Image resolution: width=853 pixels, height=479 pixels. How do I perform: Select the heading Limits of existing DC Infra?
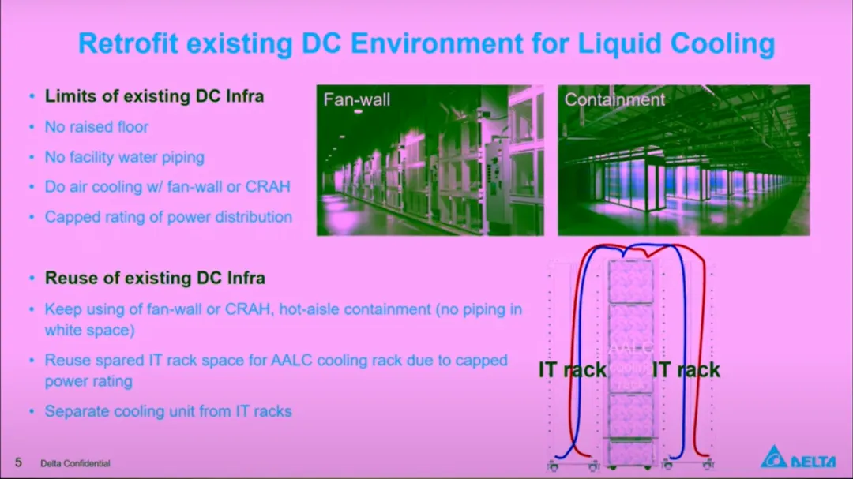point(154,96)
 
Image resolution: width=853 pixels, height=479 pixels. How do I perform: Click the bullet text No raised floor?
point(96,127)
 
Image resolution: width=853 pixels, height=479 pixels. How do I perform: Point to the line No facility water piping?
point(124,157)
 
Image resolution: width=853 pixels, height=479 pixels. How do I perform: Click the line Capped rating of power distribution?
point(168,217)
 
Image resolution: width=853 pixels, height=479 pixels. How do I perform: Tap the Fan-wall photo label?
point(357,100)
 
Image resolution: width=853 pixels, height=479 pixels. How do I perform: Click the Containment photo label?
point(614,99)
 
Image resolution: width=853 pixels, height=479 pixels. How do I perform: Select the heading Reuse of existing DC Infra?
point(155,278)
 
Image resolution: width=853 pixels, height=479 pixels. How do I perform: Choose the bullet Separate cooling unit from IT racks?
point(168,411)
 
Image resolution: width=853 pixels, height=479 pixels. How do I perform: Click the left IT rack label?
point(572,369)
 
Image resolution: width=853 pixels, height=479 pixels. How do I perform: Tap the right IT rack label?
point(686,369)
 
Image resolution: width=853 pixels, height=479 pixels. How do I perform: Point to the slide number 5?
point(18,462)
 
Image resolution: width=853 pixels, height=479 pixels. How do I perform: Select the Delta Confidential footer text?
point(75,463)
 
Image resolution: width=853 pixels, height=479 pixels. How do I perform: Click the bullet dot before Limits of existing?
point(32,97)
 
